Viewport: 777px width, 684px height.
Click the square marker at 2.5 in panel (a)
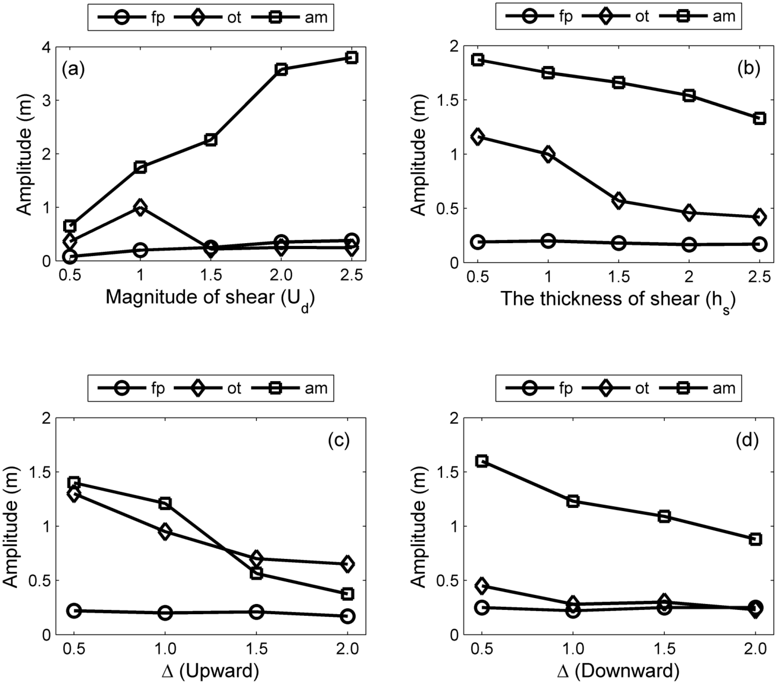point(352,58)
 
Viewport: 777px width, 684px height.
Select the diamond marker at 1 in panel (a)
point(140,207)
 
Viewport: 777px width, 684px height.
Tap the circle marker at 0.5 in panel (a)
point(70,257)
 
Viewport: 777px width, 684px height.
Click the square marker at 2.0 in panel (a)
point(281,70)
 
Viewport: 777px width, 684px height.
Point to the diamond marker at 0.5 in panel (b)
point(477,137)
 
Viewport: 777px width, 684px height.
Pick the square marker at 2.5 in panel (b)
point(760,118)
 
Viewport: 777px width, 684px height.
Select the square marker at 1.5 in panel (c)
point(256,573)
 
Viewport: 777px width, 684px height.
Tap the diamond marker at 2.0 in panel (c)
point(347,564)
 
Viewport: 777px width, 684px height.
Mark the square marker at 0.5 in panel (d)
point(482,461)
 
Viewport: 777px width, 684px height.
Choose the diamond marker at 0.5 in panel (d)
point(482,586)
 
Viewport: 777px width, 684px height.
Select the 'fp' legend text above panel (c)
point(158,389)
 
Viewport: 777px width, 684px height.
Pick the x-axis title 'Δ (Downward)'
point(618,671)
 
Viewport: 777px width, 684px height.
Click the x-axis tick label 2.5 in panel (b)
point(760,277)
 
